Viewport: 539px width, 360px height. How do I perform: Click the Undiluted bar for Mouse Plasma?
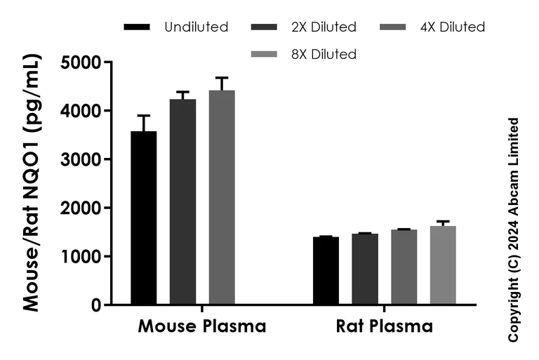click(144, 218)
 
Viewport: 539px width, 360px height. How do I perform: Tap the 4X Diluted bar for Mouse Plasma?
click(222, 197)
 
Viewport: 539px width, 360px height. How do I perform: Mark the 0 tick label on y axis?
click(95, 305)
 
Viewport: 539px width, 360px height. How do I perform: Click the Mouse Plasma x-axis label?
click(202, 327)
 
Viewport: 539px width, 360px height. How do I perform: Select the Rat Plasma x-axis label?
click(384, 327)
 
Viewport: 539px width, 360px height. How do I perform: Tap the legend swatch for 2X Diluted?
click(263, 27)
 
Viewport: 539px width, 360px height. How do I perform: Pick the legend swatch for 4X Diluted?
click(392, 27)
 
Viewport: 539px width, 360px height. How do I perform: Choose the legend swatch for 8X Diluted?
click(263, 54)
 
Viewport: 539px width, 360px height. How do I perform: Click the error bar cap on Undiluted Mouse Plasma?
click(144, 115)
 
